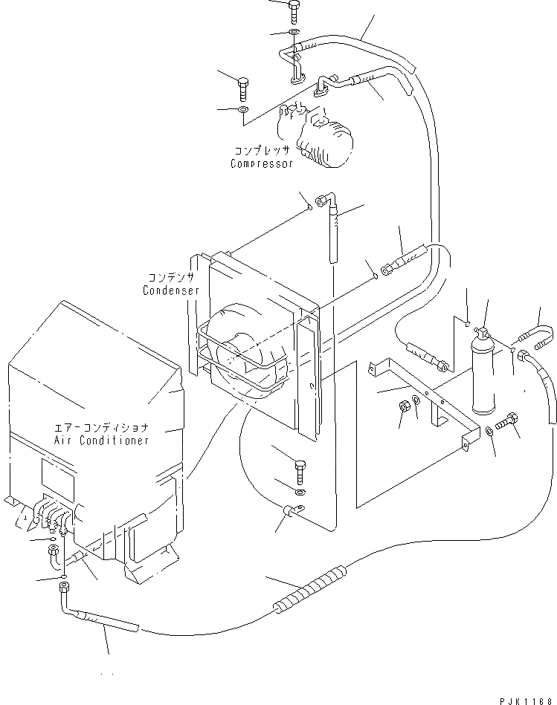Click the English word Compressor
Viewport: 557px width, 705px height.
(x=261, y=164)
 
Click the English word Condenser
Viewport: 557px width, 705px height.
(x=171, y=290)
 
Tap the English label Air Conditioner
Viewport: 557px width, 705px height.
(x=101, y=440)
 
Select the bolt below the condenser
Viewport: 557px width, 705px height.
(x=299, y=471)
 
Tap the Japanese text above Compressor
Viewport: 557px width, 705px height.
(x=262, y=150)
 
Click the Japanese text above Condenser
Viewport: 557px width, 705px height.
(x=171, y=277)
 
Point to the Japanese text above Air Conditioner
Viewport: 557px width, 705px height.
(x=101, y=427)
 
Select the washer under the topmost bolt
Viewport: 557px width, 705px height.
(x=293, y=33)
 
